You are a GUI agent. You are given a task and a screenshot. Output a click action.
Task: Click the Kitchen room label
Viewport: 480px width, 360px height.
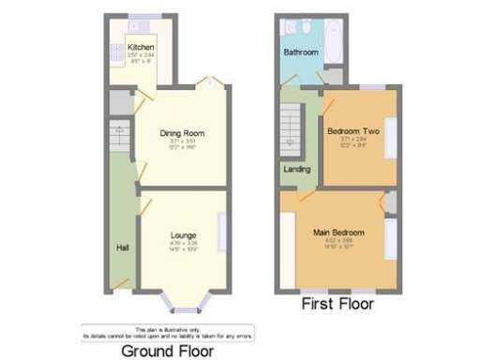[x=141, y=47]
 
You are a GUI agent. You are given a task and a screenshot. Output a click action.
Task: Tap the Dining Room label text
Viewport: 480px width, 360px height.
[x=182, y=133]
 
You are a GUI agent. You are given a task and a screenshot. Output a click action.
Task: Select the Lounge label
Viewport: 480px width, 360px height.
[x=183, y=235]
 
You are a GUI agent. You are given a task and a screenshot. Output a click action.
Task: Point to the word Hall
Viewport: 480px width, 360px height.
[x=122, y=247]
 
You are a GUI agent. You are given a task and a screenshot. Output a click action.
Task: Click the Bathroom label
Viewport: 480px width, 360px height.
[x=301, y=52]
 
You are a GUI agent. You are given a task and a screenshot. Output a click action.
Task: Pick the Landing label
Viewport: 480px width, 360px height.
[x=298, y=170]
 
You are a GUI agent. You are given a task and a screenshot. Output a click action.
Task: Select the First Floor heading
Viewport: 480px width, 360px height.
[x=337, y=304]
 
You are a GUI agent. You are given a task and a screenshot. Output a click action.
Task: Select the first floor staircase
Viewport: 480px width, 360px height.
[x=290, y=130]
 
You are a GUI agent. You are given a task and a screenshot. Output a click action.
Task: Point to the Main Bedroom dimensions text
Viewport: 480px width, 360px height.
[x=338, y=240]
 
